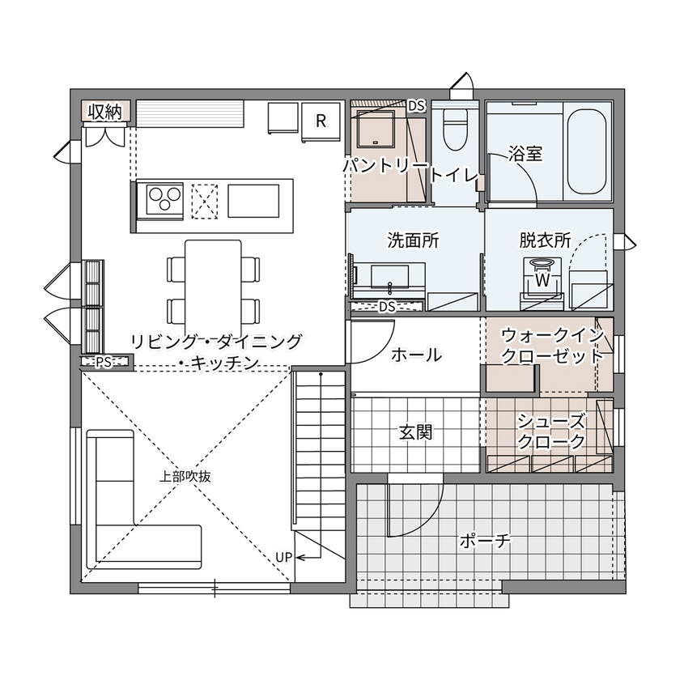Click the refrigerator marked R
[321, 121]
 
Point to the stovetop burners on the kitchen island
[164, 198]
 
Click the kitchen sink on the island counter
[254, 199]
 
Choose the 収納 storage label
[105, 112]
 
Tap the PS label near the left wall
[103, 363]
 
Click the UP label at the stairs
[283, 557]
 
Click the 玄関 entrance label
[415, 432]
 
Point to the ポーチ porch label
[484, 541]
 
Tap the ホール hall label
[416, 355]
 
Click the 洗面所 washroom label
[413, 240]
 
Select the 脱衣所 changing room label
[546, 240]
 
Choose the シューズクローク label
[551, 431]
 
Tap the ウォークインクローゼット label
[553, 346]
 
